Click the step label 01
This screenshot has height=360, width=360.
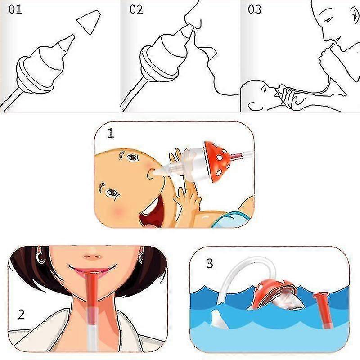click(x=15, y=9)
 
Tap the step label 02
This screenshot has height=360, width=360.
click(x=136, y=9)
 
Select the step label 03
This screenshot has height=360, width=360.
click(x=255, y=9)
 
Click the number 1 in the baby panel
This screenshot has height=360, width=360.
click(x=111, y=133)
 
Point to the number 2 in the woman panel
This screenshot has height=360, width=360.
click(x=21, y=315)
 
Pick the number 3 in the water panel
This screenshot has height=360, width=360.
click(x=210, y=264)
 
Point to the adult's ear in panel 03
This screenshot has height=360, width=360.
click(x=355, y=15)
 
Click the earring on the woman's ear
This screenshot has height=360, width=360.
click(x=40, y=256)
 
